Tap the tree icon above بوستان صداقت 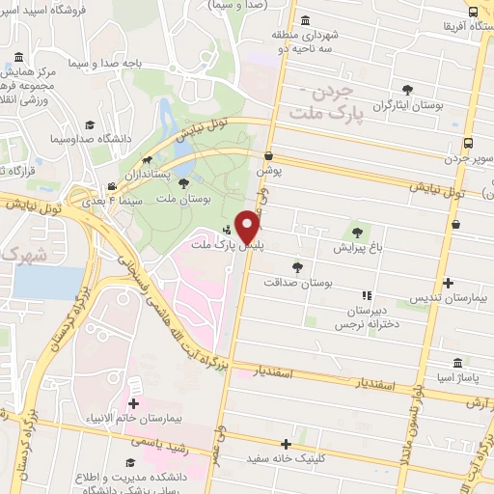pyautogui.click(x=297, y=267)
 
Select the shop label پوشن pyautogui.click(x=267, y=170)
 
